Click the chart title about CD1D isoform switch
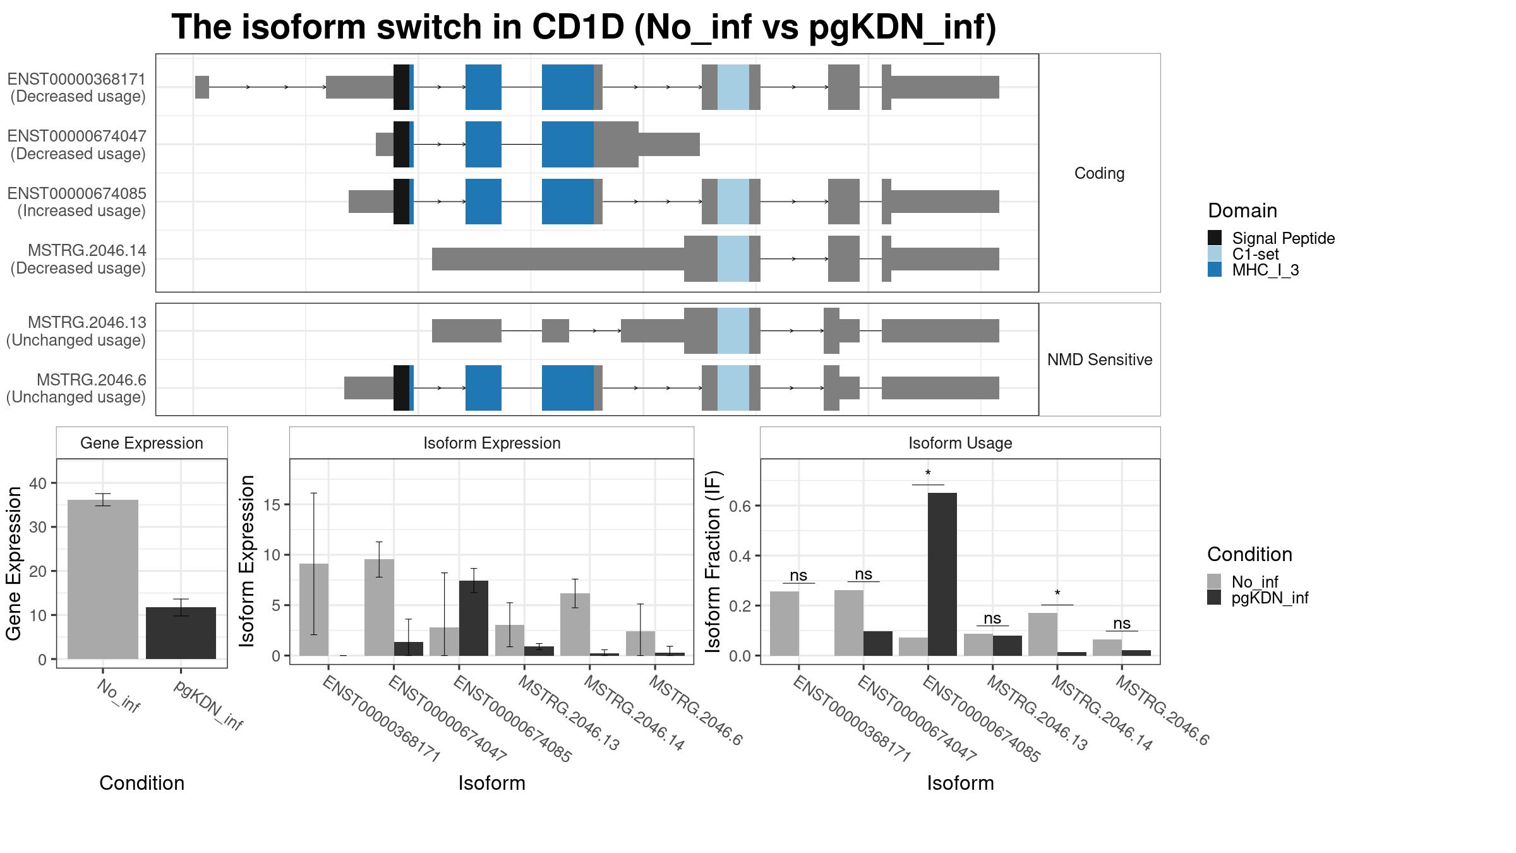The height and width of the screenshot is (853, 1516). [584, 27]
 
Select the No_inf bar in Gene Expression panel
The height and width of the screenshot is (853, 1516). [103, 579]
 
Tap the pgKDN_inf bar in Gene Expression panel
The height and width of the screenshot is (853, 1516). [181, 633]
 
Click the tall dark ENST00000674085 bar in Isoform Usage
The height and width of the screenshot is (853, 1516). [942, 574]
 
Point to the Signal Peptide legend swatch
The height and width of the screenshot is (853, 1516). [1215, 238]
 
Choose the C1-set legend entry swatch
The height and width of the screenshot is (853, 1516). [1215, 253]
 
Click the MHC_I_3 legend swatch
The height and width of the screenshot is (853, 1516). [1215, 269]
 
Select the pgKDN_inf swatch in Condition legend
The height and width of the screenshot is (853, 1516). [1214, 597]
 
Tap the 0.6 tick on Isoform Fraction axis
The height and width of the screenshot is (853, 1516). [742, 505]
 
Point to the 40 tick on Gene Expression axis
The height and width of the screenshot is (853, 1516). [38, 483]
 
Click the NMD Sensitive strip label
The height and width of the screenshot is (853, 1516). [1100, 360]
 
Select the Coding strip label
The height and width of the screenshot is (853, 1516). [1100, 173]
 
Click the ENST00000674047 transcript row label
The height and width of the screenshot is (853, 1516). [77, 145]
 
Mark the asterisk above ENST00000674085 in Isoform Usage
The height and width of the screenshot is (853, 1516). [928, 474]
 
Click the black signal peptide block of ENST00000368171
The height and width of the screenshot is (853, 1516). [401, 87]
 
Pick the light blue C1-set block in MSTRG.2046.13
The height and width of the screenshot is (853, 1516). [733, 331]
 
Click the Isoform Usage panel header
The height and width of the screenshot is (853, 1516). [960, 443]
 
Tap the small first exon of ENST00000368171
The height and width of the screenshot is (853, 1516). [202, 87]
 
